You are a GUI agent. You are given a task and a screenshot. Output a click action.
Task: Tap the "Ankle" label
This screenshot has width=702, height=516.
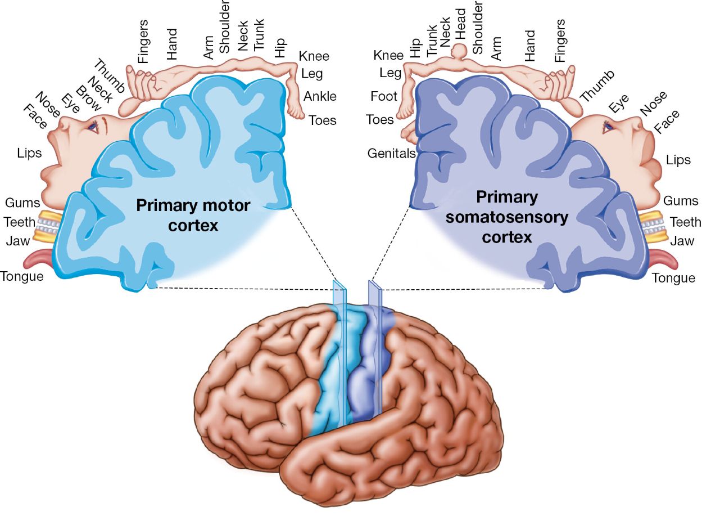coord(320,96)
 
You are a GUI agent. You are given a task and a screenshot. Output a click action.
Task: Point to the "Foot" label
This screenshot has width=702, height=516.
coord(384,96)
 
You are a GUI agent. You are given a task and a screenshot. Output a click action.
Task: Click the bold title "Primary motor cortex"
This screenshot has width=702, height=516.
coord(193,216)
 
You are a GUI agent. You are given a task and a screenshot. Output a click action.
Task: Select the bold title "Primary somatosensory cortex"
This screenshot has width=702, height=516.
coord(506,217)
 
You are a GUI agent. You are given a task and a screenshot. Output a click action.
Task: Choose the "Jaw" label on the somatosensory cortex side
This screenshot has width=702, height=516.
coord(682,241)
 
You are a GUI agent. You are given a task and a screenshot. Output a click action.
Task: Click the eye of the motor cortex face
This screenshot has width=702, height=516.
coord(93,127)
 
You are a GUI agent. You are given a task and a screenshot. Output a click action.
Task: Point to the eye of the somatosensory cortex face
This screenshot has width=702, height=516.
coord(607,128)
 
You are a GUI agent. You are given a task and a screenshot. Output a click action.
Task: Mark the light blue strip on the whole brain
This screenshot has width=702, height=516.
coord(332,383)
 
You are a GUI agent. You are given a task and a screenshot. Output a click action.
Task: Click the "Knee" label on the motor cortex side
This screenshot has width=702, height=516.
coord(314,56)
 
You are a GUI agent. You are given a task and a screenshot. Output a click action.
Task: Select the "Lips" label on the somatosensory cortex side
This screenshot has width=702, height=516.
coord(678,160)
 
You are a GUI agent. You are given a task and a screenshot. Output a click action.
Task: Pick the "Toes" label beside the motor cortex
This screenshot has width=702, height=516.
coord(322,120)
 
